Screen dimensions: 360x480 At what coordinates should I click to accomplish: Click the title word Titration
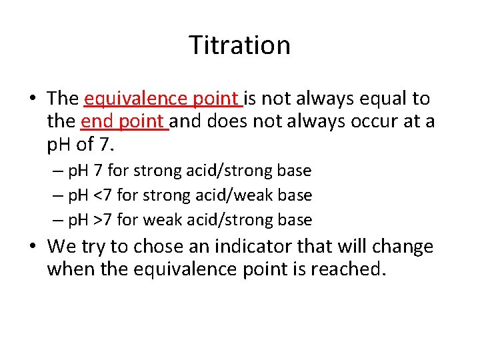click(x=239, y=45)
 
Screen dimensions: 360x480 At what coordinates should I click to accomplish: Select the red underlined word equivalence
click(x=127, y=99)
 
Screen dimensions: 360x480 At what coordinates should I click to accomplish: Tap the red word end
click(x=95, y=122)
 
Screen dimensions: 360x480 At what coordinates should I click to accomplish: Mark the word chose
click(x=156, y=247)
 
